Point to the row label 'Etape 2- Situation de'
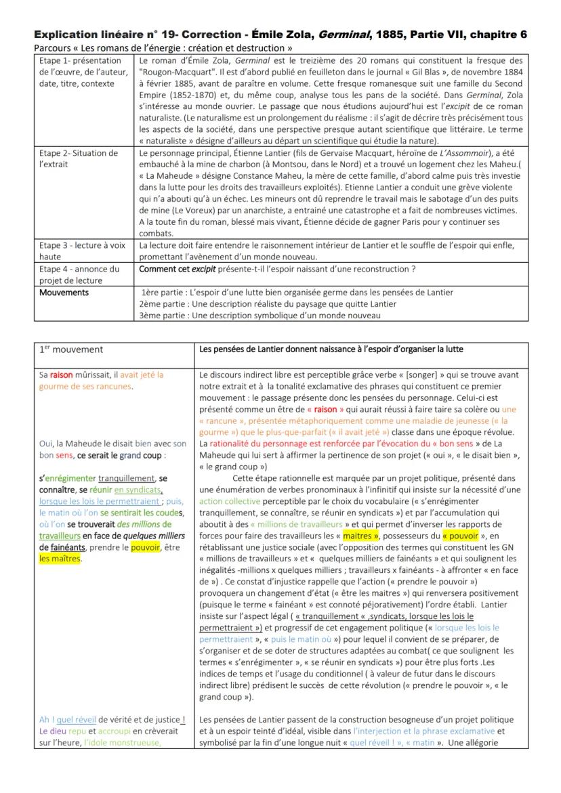tap(78, 152)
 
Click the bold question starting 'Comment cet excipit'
tap(278, 268)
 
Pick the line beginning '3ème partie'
tap(260, 314)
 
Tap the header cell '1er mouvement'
tap(71, 349)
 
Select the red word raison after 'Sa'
tap(61, 374)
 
